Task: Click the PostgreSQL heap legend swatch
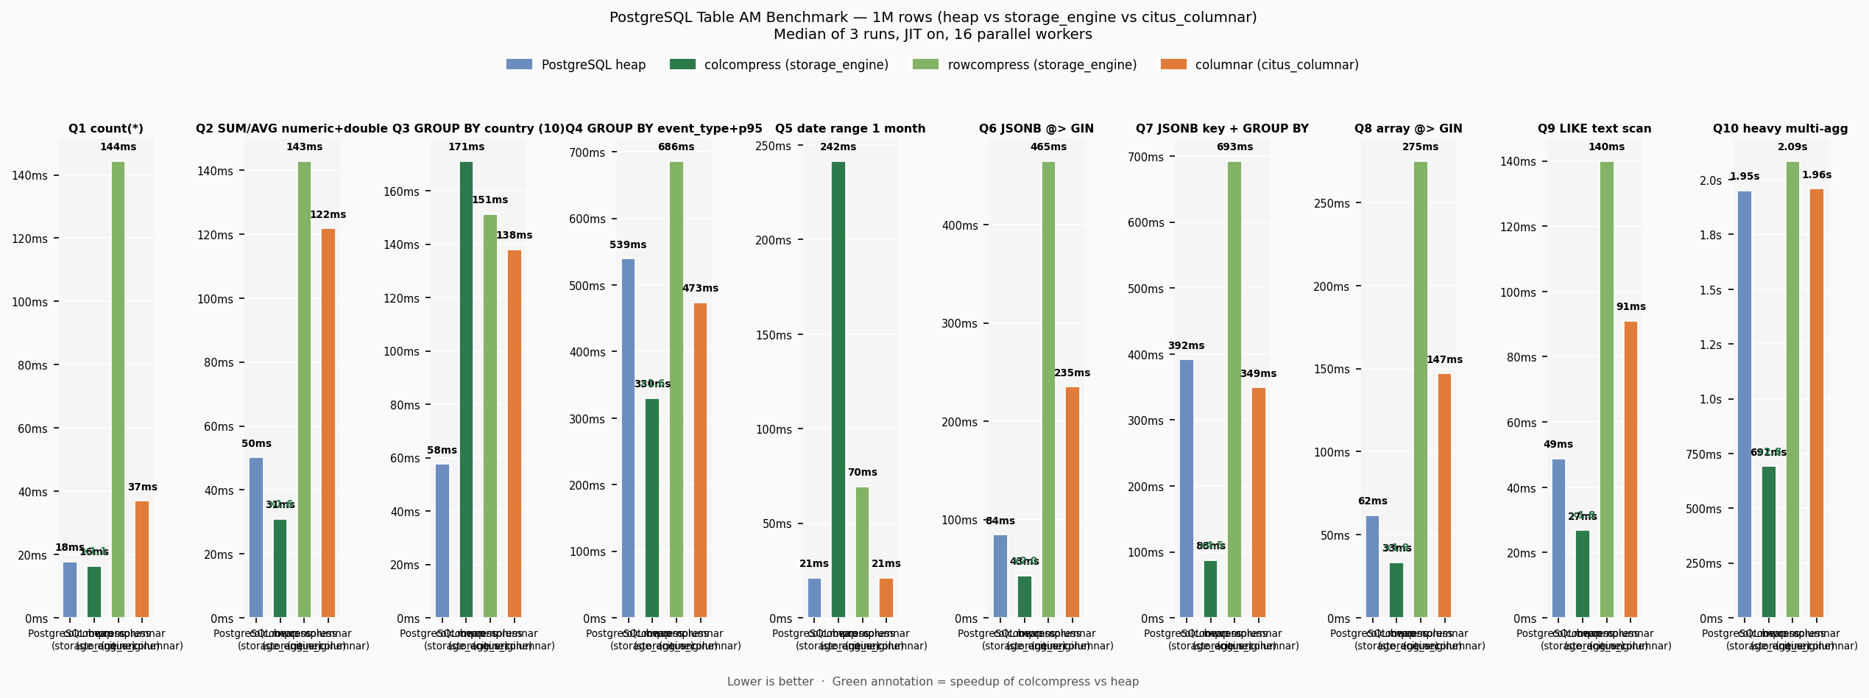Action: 519,65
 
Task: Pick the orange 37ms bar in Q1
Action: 142,559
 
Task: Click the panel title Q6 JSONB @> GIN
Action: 1036,129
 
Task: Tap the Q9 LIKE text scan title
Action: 1594,129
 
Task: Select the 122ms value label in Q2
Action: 328,215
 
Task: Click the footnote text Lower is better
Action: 770,682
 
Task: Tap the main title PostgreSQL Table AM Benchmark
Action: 933,18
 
